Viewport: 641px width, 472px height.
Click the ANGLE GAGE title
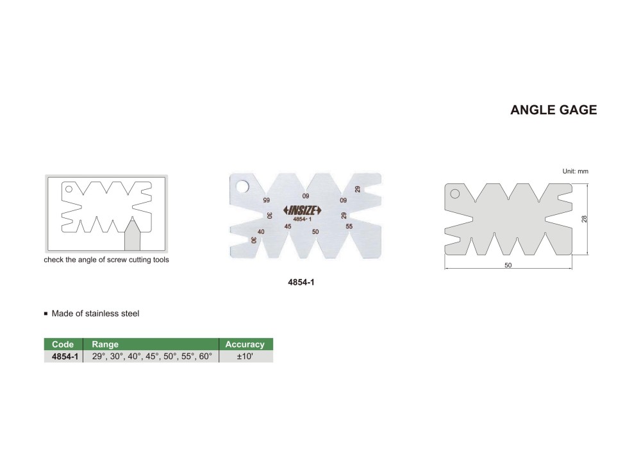click(x=554, y=110)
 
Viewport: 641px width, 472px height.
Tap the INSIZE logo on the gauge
click(x=303, y=210)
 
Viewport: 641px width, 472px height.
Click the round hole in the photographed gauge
click(x=242, y=187)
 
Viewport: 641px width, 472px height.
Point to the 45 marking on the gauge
click(x=288, y=226)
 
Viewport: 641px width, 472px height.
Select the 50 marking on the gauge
click(x=315, y=232)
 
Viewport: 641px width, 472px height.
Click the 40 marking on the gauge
click(x=261, y=232)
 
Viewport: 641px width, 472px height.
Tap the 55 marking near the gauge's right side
click(x=349, y=226)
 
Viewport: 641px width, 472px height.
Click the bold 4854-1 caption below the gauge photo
click(x=301, y=282)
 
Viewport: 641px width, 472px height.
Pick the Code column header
click(x=63, y=344)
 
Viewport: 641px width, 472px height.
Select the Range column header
click(x=105, y=344)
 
